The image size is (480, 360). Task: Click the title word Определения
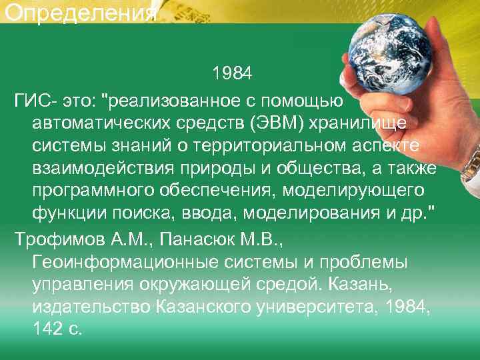pos(79,13)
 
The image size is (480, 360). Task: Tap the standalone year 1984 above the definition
pos(232,72)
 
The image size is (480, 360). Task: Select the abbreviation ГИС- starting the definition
pos(35,101)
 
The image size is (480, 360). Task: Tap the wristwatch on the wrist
pos(472,160)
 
